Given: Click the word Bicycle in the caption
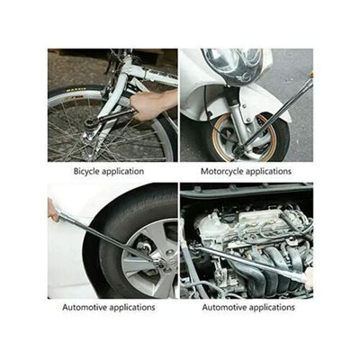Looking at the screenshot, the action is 86,172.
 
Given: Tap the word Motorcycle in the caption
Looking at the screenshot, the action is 222,172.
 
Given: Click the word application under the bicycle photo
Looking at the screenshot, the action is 123,172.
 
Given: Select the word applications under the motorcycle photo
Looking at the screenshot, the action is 269,172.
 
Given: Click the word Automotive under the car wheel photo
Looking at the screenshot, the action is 85,307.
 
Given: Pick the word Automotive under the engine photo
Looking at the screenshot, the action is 224,307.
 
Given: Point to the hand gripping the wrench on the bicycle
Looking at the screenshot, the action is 151,104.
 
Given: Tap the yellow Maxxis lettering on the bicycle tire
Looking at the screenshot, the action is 76,89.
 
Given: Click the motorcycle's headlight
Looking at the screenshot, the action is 232,65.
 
